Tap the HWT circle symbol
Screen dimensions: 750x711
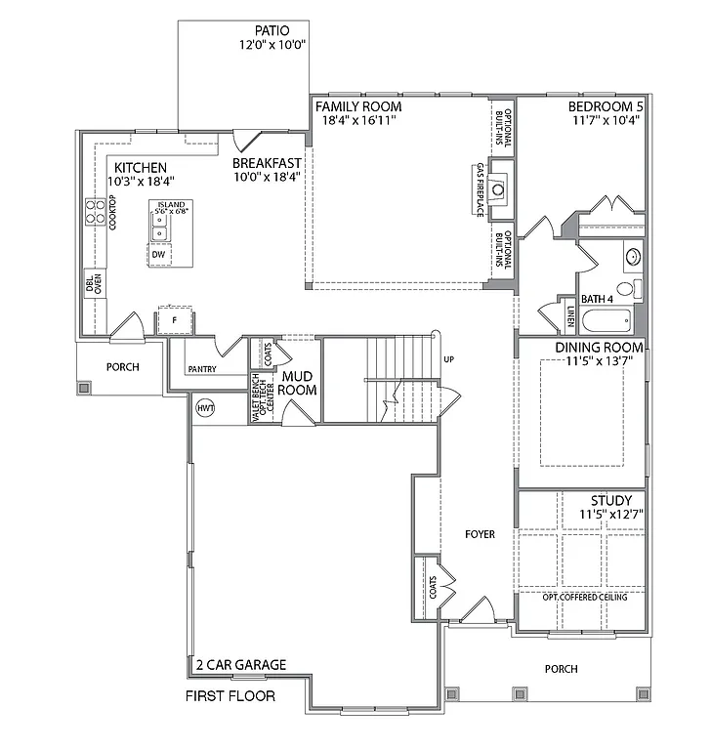(205, 407)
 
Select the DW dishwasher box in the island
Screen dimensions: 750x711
(158, 254)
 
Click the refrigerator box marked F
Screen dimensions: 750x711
(174, 319)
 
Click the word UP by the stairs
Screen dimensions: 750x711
(448, 359)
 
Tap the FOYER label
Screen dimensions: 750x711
(480, 534)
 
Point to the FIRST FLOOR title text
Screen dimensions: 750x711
(230, 696)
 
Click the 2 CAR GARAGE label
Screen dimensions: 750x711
(240, 665)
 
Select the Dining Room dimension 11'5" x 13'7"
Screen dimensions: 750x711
(599, 361)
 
